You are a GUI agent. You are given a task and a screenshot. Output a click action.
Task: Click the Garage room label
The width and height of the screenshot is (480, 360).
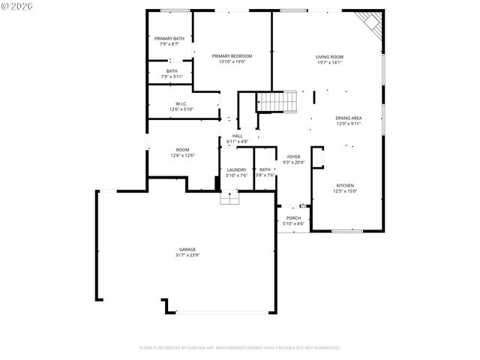coord(187,249)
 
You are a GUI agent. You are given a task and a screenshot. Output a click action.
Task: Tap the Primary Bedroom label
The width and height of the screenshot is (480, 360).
coord(232,56)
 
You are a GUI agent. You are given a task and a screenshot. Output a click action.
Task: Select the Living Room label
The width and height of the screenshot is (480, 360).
coord(329,57)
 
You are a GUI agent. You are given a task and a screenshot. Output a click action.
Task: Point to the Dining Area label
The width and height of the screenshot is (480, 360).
coord(349,118)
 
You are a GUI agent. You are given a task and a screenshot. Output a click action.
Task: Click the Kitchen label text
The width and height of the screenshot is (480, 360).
coord(345,185)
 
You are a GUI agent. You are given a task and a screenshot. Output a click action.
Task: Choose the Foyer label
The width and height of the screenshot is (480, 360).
coord(293,157)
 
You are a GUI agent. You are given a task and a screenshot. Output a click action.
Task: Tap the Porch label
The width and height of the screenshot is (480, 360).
coord(293,217)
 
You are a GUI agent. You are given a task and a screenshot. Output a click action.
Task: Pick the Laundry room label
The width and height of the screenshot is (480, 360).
coord(237,170)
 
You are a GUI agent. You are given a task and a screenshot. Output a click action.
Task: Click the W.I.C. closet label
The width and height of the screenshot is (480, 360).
coord(181,103)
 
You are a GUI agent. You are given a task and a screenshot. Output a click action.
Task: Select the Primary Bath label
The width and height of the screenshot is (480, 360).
coord(169,39)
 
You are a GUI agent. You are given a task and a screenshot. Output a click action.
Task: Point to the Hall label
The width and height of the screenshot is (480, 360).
coord(237,136)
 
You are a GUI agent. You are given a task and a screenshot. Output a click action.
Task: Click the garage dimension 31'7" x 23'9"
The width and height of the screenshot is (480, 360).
coord(187,255)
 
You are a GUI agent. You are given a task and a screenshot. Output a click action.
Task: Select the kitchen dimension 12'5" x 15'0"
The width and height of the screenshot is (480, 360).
coord(345,191)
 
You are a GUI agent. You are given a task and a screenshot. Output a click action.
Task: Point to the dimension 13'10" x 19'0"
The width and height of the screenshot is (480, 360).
coord(232,62)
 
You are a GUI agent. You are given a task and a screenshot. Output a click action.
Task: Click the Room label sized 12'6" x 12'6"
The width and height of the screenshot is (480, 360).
coord(182,149)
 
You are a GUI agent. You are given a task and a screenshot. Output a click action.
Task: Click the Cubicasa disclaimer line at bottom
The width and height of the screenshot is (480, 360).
coord(240,348)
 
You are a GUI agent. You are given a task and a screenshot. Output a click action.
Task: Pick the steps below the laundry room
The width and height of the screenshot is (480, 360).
coord(229,198)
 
